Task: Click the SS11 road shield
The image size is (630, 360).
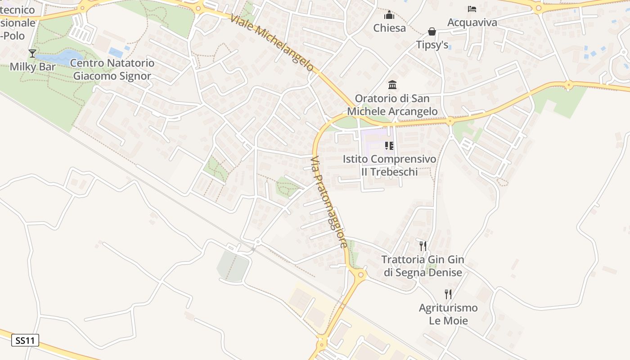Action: (x=25, y=341)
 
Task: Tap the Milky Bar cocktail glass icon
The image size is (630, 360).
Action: (x=32, y=54)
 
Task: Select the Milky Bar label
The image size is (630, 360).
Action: (x=33, y=67)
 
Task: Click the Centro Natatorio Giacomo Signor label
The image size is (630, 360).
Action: (x=112, y=70)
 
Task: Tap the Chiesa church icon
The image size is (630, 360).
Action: (x=389, y=15)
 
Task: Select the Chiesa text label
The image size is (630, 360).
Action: (x=389, y=28)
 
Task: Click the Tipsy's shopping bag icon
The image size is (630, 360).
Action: (x=432, y=31)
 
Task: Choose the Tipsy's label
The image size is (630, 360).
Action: (x=432, y=45)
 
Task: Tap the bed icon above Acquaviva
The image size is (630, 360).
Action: (x=472, y=9)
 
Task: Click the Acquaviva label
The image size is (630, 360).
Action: (x=472, y=22)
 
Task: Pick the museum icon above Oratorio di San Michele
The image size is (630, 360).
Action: (x=392, y=85)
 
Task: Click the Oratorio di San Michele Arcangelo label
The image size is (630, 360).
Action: (x=392, y=105)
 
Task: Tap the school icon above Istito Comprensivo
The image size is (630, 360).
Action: (x=389, y=146)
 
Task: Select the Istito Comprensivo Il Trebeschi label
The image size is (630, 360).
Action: (x=389, y=166)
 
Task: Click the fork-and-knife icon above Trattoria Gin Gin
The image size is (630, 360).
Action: (x=423, y=246)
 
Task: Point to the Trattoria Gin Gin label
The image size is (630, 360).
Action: (x=423, y=266)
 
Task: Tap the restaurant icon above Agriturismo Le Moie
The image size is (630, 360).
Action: (x=448, y=294)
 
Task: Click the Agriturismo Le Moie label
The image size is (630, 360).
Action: (x=448, y=315)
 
